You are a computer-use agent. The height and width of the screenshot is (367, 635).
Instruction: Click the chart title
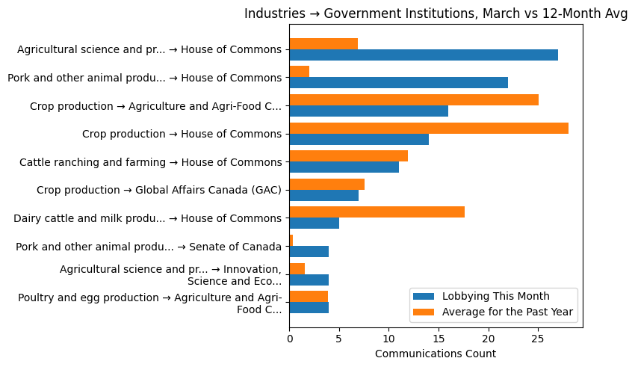[x=436, y=14]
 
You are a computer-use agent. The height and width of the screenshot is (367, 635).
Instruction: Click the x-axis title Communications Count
[x=436, y=353]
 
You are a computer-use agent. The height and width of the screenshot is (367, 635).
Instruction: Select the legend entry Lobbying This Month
[x=495, y=296]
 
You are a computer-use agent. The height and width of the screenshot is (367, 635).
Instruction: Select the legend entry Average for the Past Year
[x=507, y=312]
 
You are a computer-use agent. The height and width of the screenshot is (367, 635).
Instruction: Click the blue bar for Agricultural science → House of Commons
[x=424, y=55]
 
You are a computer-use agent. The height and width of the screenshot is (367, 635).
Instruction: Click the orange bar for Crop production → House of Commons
[x=429, y=128]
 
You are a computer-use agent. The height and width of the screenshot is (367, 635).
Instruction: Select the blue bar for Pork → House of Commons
[x=398, y=83]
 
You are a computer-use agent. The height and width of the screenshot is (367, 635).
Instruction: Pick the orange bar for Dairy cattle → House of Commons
[x=377, y=212]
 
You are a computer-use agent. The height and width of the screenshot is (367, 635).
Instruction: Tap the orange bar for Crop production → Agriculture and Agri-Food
[x=414, y=100]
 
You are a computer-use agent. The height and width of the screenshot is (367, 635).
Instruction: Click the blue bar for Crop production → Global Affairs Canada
[x=323, y=195]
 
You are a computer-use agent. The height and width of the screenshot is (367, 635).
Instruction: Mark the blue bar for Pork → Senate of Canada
[x=309, y=251]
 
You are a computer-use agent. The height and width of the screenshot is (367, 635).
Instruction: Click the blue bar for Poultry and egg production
[x=309, y=307]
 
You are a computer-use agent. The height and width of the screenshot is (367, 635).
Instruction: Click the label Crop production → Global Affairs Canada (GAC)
[x=159, y=190]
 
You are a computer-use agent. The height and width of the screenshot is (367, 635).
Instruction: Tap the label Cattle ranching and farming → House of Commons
[x=150, y=161]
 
